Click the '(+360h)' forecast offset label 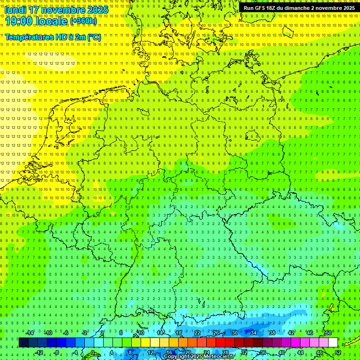pyautogui.click(x=83, y=21)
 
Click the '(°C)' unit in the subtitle pyautogui.click(x=93, y=37)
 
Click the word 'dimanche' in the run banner pyautogui.click(x=297, y=8)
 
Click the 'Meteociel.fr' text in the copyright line pyautogui.click(x=217, y=357)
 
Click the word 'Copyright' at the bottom pyautogui.click(x=178, y=357)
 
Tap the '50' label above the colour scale pyautogui.click(x=328, y=333)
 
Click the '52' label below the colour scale pyautogui.click(x=338, y=352)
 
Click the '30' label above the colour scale pyautogui.click(x=234, y=333)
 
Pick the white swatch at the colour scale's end pyautogui.click(x=333, y=343)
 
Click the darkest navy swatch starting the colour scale pyautogui.click(x=23, y=343)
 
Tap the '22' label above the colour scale pyautogui.click(x=197, y=333)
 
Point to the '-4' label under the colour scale pyautogui.click(x=76, y=352)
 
